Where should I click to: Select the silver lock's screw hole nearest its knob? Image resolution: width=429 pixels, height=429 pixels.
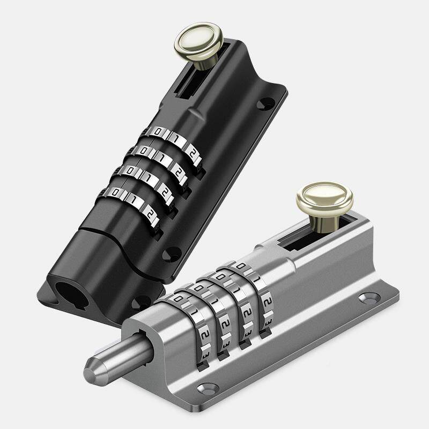pos(369,298)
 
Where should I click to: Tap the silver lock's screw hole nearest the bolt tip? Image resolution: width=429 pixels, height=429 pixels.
pos(208,389)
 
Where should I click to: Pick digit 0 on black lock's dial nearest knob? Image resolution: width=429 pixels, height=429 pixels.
pos(158,131)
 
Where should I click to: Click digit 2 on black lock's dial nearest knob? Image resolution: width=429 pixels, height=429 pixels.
pos(193,153)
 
